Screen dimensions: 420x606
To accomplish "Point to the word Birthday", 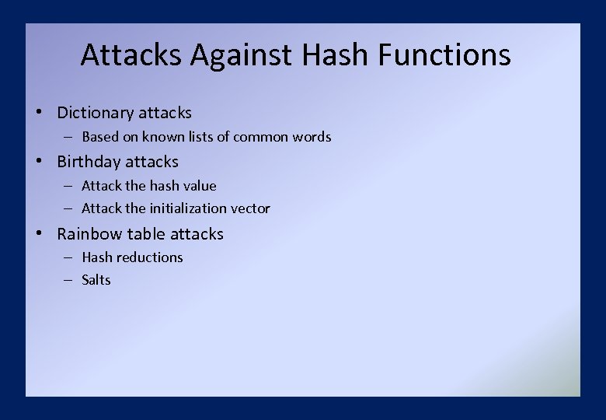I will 89,162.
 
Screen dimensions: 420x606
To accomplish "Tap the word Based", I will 99,137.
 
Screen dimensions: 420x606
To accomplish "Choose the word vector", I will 251,208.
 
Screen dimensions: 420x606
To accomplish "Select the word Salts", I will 96,280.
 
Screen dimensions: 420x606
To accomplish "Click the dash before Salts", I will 68,280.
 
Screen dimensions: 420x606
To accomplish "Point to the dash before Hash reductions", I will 68,257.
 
